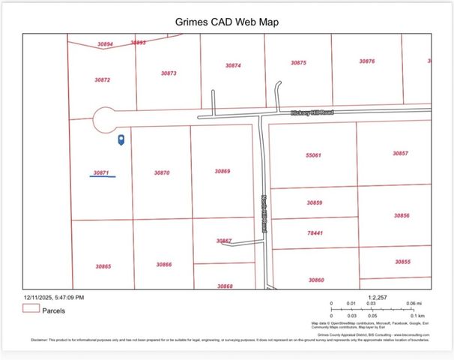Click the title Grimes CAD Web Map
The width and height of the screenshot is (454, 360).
tap(227, 22)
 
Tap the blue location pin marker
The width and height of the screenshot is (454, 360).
tap(121, 139)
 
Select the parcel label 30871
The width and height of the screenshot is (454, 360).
tap(101, 172)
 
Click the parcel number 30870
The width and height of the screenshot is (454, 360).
tap(162, 172)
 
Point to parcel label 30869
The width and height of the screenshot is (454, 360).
tap(222, 171)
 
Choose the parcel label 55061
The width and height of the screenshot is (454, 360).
tap(313, 155)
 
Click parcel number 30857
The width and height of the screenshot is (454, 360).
tap(400, 153)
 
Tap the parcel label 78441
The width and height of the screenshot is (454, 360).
tap(314, 232)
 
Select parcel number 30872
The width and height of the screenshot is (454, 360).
tap(103, 79)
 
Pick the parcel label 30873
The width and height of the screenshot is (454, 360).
tap(169, 73)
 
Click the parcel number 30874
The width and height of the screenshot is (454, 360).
tap(233, 65)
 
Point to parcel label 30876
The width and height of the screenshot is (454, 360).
tap(366, 61)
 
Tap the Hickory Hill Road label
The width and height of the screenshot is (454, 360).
tap(312, 112)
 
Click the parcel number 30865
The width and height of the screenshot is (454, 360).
tap(103, 266)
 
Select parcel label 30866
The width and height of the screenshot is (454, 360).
tap(164, 264)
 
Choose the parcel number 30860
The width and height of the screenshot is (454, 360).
tap(315, 280)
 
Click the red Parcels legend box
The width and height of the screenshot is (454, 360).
tap(31, 308)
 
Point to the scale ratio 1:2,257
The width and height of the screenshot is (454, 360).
tap(378, 297)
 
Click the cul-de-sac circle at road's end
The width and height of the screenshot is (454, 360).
tap(105, 119)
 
